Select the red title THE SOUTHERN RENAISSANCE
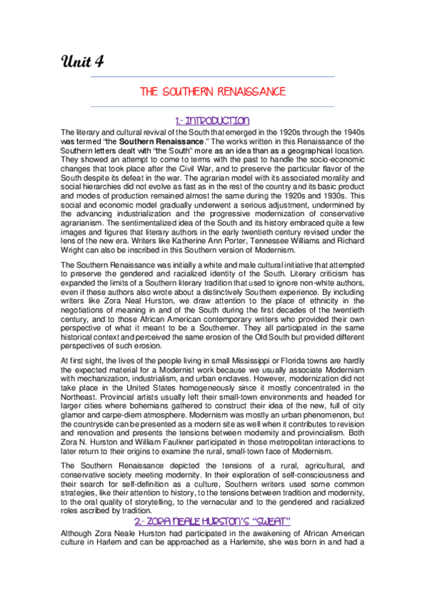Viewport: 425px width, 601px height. (x=213, y=91)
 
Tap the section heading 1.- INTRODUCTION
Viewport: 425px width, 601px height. (x=212, y=120)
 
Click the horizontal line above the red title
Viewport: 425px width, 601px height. (x=213, y=76)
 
